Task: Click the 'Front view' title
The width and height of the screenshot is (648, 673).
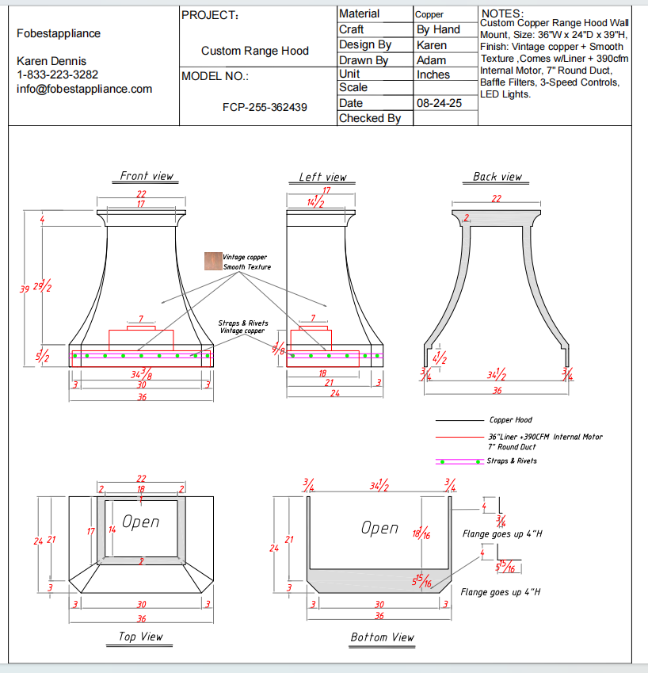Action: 147,176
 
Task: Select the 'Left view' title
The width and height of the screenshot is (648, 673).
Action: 322,177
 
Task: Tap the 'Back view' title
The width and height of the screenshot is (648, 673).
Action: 497,177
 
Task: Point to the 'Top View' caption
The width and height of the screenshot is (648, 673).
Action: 140,637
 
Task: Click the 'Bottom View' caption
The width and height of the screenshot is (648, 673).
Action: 382,637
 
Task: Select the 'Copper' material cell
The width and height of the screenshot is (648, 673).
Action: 429,14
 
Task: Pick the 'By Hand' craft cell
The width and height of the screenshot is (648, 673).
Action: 438,29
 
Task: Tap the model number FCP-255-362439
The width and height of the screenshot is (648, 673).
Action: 265,107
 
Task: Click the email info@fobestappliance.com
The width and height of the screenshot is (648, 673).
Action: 84,89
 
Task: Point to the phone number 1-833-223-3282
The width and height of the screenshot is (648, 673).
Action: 57,75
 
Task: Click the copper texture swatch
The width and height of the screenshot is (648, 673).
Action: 212,262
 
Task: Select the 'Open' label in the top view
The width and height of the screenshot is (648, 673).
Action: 141,522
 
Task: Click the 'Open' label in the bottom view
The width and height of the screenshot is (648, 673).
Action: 379,528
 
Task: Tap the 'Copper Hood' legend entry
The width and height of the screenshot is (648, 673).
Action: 510,420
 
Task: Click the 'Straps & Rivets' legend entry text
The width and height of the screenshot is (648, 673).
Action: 512,461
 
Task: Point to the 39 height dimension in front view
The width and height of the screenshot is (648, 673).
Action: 25,289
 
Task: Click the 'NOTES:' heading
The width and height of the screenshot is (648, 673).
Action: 501,13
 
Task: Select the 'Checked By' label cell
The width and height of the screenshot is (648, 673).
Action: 370,118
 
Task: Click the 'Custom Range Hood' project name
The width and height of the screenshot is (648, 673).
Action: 254,51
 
